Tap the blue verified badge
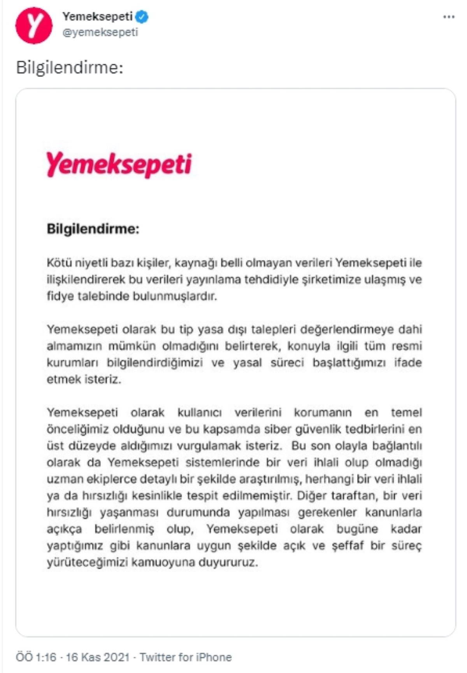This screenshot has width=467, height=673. click(143, 17)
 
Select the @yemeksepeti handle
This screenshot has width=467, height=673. click(100, 32)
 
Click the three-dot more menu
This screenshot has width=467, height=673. click(449, 17)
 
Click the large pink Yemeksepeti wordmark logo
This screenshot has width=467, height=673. click(119, 164)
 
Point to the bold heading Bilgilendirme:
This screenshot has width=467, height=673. click(93, 228)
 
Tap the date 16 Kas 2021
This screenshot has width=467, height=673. click(97, 657)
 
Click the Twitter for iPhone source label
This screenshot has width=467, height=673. click(186, 657)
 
